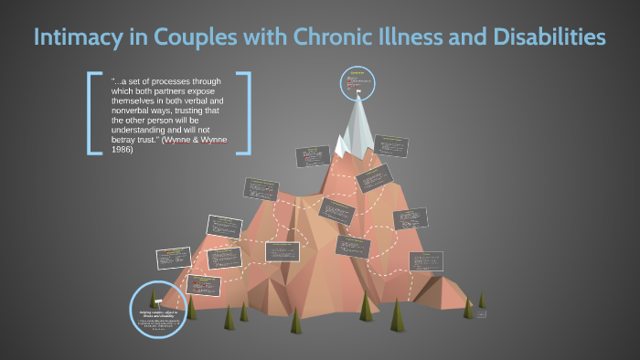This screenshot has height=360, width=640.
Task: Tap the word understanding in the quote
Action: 141,130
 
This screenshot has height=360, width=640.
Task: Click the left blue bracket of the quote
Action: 93,112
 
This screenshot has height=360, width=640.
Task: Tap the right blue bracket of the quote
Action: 245,112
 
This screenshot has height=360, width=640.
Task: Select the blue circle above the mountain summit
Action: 357,83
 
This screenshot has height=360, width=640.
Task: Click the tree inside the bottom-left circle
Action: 152,299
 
